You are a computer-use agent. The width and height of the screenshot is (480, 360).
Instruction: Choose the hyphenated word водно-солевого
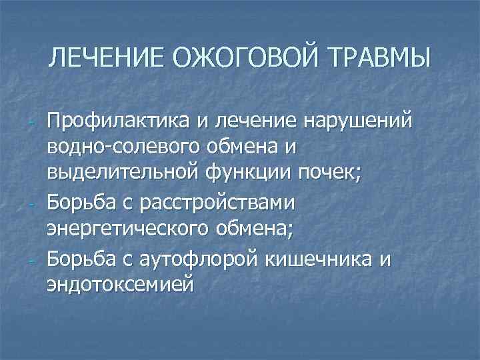[x=130, y=145]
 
